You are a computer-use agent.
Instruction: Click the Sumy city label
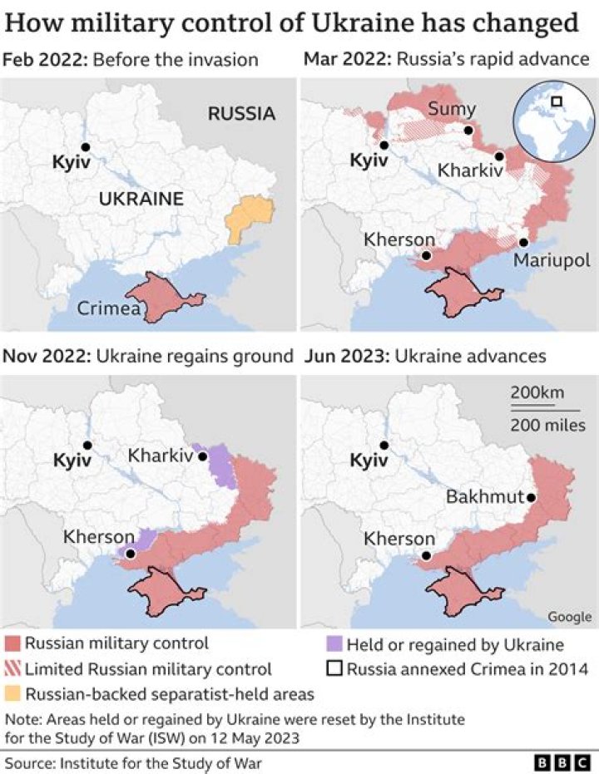click(x=452, y=109)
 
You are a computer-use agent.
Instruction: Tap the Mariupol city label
click(x=551, y=260)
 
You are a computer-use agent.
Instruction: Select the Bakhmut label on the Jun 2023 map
click(x=484, y=497)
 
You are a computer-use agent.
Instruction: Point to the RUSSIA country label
click(x=241, y=113)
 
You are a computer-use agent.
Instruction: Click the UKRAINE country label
click(x=141, y=199)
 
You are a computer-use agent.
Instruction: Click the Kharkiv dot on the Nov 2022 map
click(x=201, y=456)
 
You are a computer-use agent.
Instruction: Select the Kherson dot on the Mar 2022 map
click(x=426, y=255)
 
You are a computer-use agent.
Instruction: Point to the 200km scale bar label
click(x=536, y=393)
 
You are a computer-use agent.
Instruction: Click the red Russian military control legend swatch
click(x=12, y=643)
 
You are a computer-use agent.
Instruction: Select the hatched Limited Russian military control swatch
click(x=12, y=668)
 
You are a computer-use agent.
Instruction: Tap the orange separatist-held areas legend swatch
click(x=12, y=693)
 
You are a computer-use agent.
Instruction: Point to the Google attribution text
click(x=569, y=616)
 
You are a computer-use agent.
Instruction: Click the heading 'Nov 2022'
click(x=47, y=356)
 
